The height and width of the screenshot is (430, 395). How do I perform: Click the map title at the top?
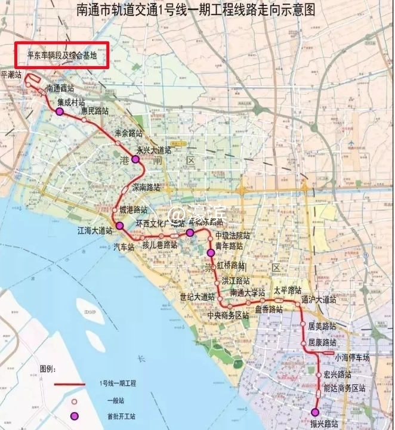(197, 10)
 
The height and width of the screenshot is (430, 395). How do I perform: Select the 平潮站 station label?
(11, 75)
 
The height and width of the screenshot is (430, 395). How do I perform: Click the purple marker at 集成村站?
(60, 111)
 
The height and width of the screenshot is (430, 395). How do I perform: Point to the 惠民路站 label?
(95, 111)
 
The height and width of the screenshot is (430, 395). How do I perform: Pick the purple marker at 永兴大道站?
(135, 160)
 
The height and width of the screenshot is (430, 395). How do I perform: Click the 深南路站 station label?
(146, 187)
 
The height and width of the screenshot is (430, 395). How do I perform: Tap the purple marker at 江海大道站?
(119, 225)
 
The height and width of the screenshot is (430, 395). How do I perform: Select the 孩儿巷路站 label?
(159, 245)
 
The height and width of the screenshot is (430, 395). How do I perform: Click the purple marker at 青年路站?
(210, 253)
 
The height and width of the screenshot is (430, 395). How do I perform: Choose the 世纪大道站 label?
(197, 296)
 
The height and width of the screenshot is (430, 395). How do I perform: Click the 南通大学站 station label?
(248, 293)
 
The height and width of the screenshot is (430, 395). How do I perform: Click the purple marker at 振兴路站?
(315, 412)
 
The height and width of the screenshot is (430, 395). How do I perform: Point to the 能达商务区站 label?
(344, 388)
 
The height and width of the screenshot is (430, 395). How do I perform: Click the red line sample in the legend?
(71, 384)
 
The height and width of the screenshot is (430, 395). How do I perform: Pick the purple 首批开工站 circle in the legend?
(75, 416)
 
